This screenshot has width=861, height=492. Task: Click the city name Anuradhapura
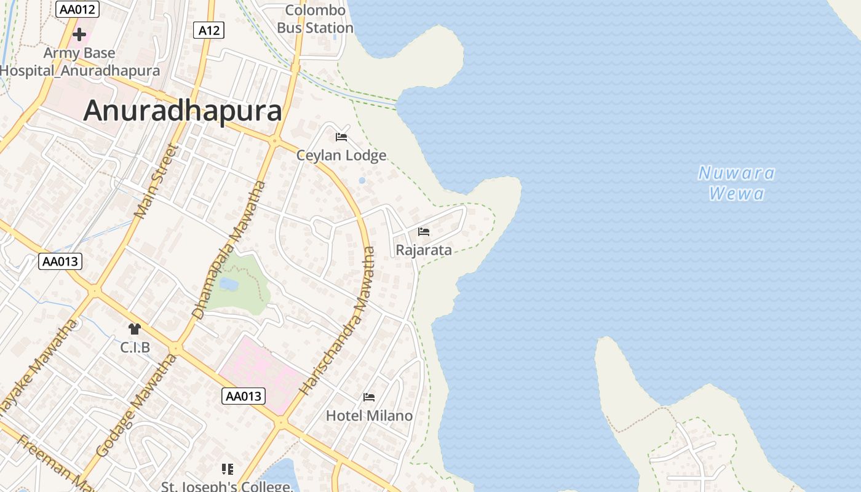[x=183, y=111]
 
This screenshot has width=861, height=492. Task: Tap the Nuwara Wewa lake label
[x=736, y=183]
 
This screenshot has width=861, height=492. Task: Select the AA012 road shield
[x=77, y=9]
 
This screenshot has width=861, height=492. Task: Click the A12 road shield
[x=208, y=30]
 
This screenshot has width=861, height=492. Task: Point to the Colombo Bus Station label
[x=315, y=19]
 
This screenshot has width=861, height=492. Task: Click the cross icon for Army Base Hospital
[x=79, y=34]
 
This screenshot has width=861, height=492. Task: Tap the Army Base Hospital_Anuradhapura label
[x=79, y=61]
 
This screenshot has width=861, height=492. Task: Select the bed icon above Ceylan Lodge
[x=341, y=137]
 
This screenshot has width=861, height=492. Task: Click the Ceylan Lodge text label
[x=341, y=156]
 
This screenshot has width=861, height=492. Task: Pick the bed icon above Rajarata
[x=424, y=232]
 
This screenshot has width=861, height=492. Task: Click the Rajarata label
[x=424, y=250]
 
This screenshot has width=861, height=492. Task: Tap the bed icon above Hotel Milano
[x=369, y=397]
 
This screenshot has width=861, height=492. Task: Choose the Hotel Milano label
[x=369, y=416]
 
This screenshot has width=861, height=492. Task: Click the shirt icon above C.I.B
[x=135, y=329]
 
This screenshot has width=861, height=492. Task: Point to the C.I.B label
[x=135, y=348]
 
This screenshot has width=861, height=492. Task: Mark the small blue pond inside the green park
[x=229, y=284]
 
